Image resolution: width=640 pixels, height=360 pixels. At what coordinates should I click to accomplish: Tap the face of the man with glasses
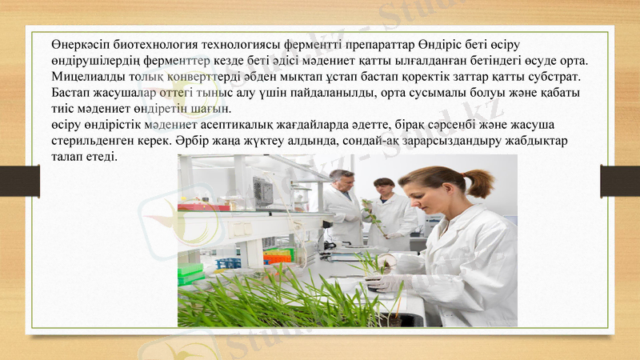coord(342,182)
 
